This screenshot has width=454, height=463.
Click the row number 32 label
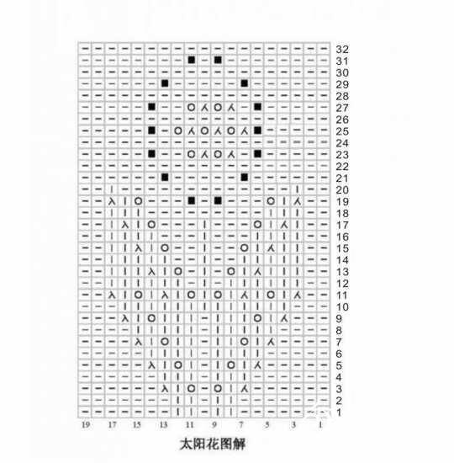click(x=342, y=50)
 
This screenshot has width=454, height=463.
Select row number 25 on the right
click(x=342, y=131)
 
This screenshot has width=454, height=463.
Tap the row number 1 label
click(x=339, y=412)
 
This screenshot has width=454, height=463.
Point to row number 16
click(x=342, y=237)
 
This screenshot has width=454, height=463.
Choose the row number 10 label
click(x=342, y=307)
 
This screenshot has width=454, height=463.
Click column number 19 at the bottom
click(x=86, y=425)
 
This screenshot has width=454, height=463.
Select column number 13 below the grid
click(x=163, y=425)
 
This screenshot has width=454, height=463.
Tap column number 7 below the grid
click(x=241, y=425)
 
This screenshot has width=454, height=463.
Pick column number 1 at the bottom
click(x=320, y=425)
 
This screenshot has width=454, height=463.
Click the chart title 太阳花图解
click(x=213, y=444)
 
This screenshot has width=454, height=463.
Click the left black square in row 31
click(x=192, y=61)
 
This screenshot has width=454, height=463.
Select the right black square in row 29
click(x=245, y=83)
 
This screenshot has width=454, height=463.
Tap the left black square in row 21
click(x=165, y=177)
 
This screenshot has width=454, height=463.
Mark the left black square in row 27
click(x=151, y=107)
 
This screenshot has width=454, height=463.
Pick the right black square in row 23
click(x=257, y=154)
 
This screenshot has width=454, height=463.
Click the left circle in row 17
click(x=151, y=225)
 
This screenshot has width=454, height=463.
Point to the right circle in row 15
click(x=245, y=247)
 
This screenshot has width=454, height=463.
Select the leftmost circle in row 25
click(x=178, y=130)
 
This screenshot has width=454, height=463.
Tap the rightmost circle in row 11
click(x=271, y=295)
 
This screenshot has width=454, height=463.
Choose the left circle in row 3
click(x=192, y=388)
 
